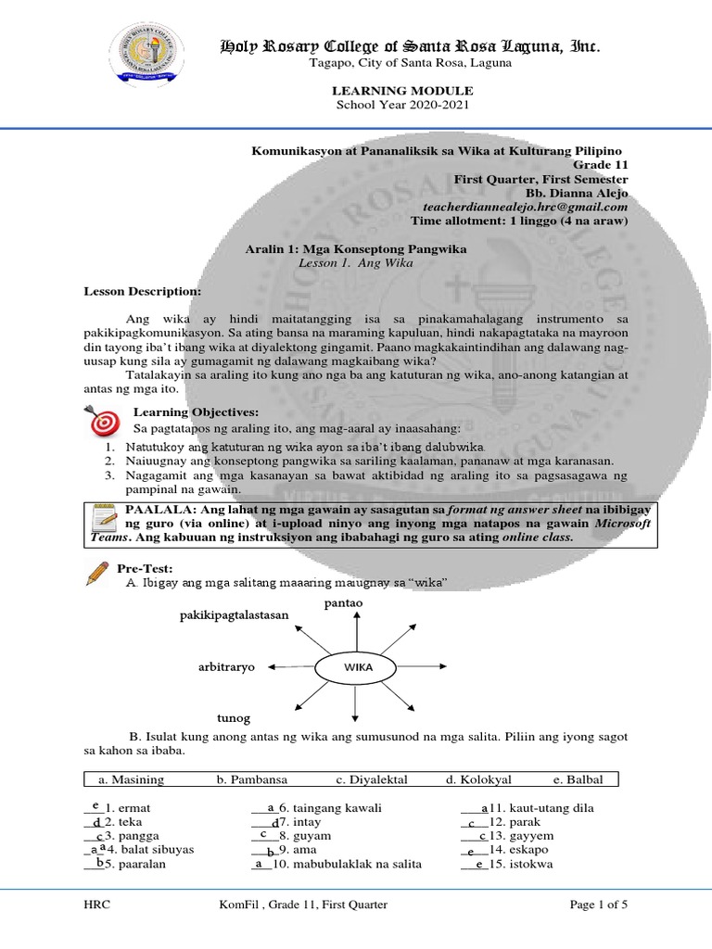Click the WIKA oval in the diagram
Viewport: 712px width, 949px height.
[357, 666]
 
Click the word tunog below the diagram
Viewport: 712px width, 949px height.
[234, 717]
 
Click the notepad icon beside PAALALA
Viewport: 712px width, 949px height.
[103, 524]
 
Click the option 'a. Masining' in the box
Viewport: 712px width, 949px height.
[137, 779]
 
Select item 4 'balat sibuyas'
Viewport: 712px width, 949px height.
[155, 850]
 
